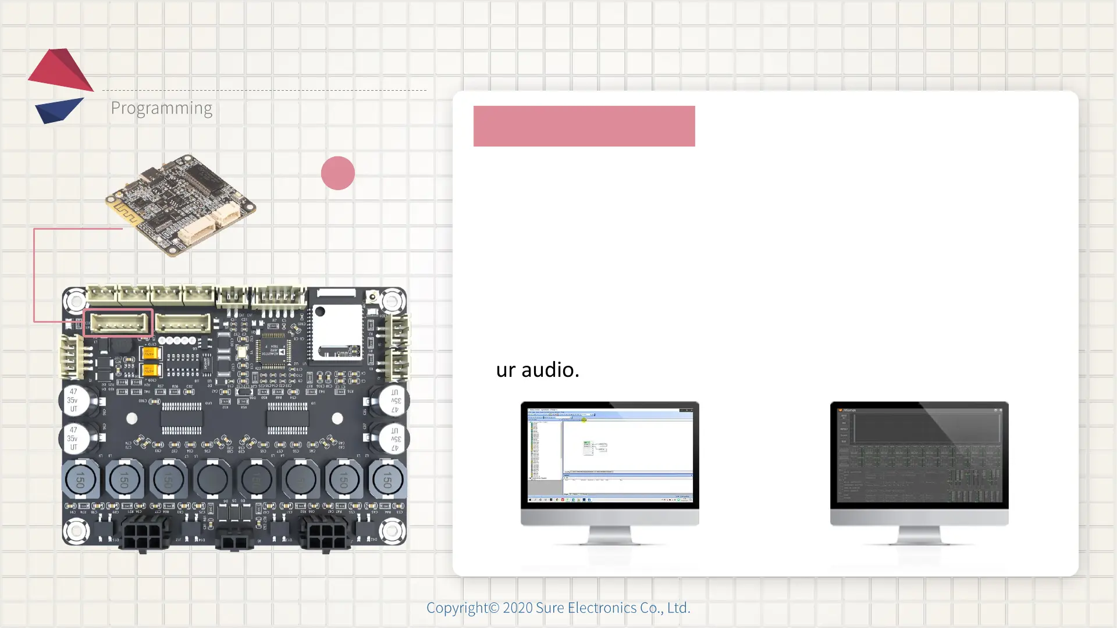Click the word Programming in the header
(161, 108)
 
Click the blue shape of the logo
(58, 109)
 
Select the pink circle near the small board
(337, 173)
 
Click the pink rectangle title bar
(584, 126)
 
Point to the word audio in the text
(550, 370)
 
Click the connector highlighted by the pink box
(118, 323)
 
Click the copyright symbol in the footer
(494, 608)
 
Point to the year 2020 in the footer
(517, 608)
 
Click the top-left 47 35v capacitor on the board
(76, 400)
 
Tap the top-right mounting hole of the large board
(392, 301)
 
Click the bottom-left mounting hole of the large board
(76, 530)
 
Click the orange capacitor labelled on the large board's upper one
(150, 353)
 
